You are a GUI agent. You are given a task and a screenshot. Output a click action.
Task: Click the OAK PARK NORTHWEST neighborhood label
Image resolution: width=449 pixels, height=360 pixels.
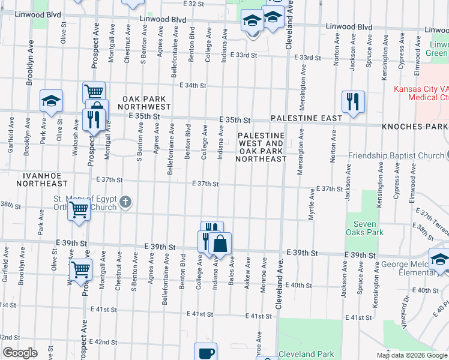146,102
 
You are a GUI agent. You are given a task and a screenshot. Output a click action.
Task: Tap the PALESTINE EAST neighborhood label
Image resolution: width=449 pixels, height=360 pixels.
306,118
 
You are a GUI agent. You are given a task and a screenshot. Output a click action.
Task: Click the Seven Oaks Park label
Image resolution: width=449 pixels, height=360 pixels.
364,227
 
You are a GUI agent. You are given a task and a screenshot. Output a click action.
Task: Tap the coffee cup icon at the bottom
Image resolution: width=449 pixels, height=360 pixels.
206,353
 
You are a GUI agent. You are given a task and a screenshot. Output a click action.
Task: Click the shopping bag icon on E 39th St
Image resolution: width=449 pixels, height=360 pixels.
220,243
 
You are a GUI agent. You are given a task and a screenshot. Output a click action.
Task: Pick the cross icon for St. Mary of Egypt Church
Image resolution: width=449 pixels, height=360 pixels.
125,202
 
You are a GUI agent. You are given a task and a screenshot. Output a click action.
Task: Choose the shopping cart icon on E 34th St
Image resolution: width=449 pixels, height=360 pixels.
94,92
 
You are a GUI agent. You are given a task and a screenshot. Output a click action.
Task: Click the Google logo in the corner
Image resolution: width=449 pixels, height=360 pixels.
20,353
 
